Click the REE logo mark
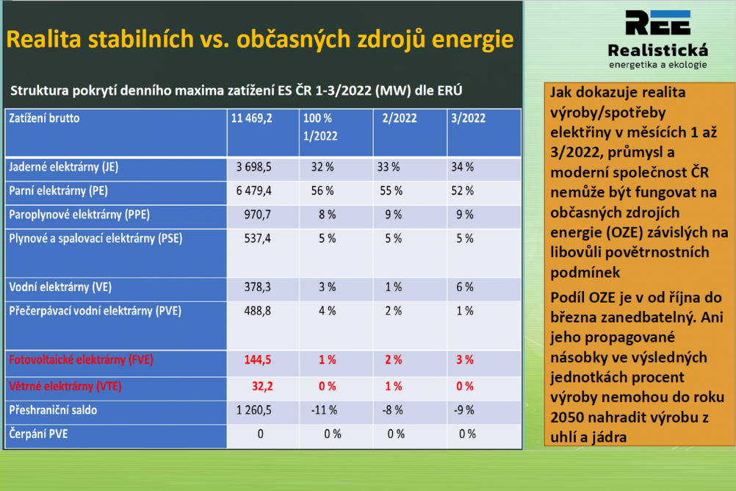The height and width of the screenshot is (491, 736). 658,23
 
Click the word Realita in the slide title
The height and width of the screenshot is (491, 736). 44,39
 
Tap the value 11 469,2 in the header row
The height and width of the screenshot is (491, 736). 252,118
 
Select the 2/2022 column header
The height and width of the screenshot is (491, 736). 400,118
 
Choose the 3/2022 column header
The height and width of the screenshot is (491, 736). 469,118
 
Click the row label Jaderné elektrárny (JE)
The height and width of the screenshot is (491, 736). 64,168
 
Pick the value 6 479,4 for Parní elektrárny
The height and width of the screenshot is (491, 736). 254,191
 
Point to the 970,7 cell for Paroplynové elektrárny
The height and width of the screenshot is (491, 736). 257,215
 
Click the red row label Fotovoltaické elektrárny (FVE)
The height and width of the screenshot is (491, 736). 82,360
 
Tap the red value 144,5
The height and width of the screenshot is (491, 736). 258,360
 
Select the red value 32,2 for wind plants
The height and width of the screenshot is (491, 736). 262,387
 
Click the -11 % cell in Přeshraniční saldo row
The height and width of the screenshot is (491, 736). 324,411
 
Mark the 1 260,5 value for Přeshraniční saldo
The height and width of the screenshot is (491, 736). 254,411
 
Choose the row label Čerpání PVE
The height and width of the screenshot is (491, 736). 38,434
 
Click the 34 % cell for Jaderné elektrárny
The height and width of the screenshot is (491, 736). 462,168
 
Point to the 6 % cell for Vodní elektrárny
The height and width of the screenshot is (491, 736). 465,287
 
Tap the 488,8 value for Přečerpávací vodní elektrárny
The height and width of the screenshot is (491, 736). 257,312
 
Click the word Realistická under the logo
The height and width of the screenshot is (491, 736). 658,50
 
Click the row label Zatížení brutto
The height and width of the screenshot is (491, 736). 44,118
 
